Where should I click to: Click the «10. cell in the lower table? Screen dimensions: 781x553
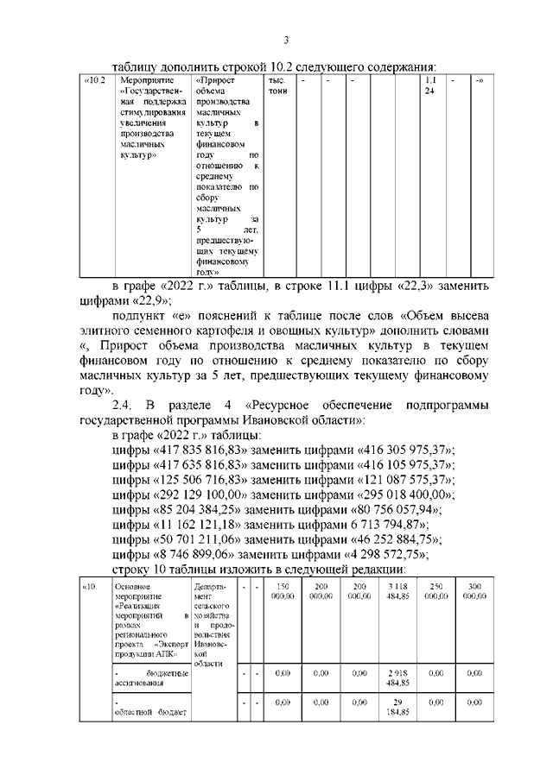pos(89,587)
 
